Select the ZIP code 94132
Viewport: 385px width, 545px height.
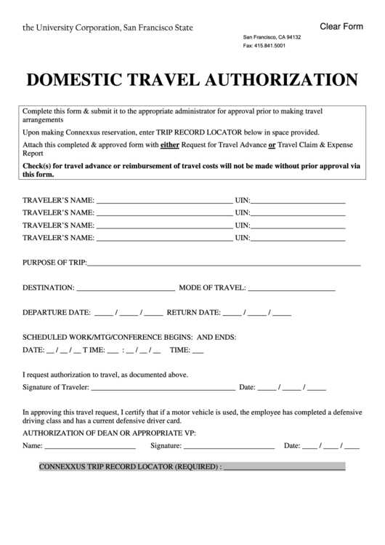click(x=291, y=36)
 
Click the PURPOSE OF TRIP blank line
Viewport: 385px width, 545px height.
click(x=224, y=263)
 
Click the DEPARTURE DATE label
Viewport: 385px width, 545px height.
click(x=57, y=313)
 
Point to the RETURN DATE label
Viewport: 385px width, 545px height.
click(x=193, y=313)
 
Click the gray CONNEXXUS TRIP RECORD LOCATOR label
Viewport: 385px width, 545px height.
click(x=129, y=467)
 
